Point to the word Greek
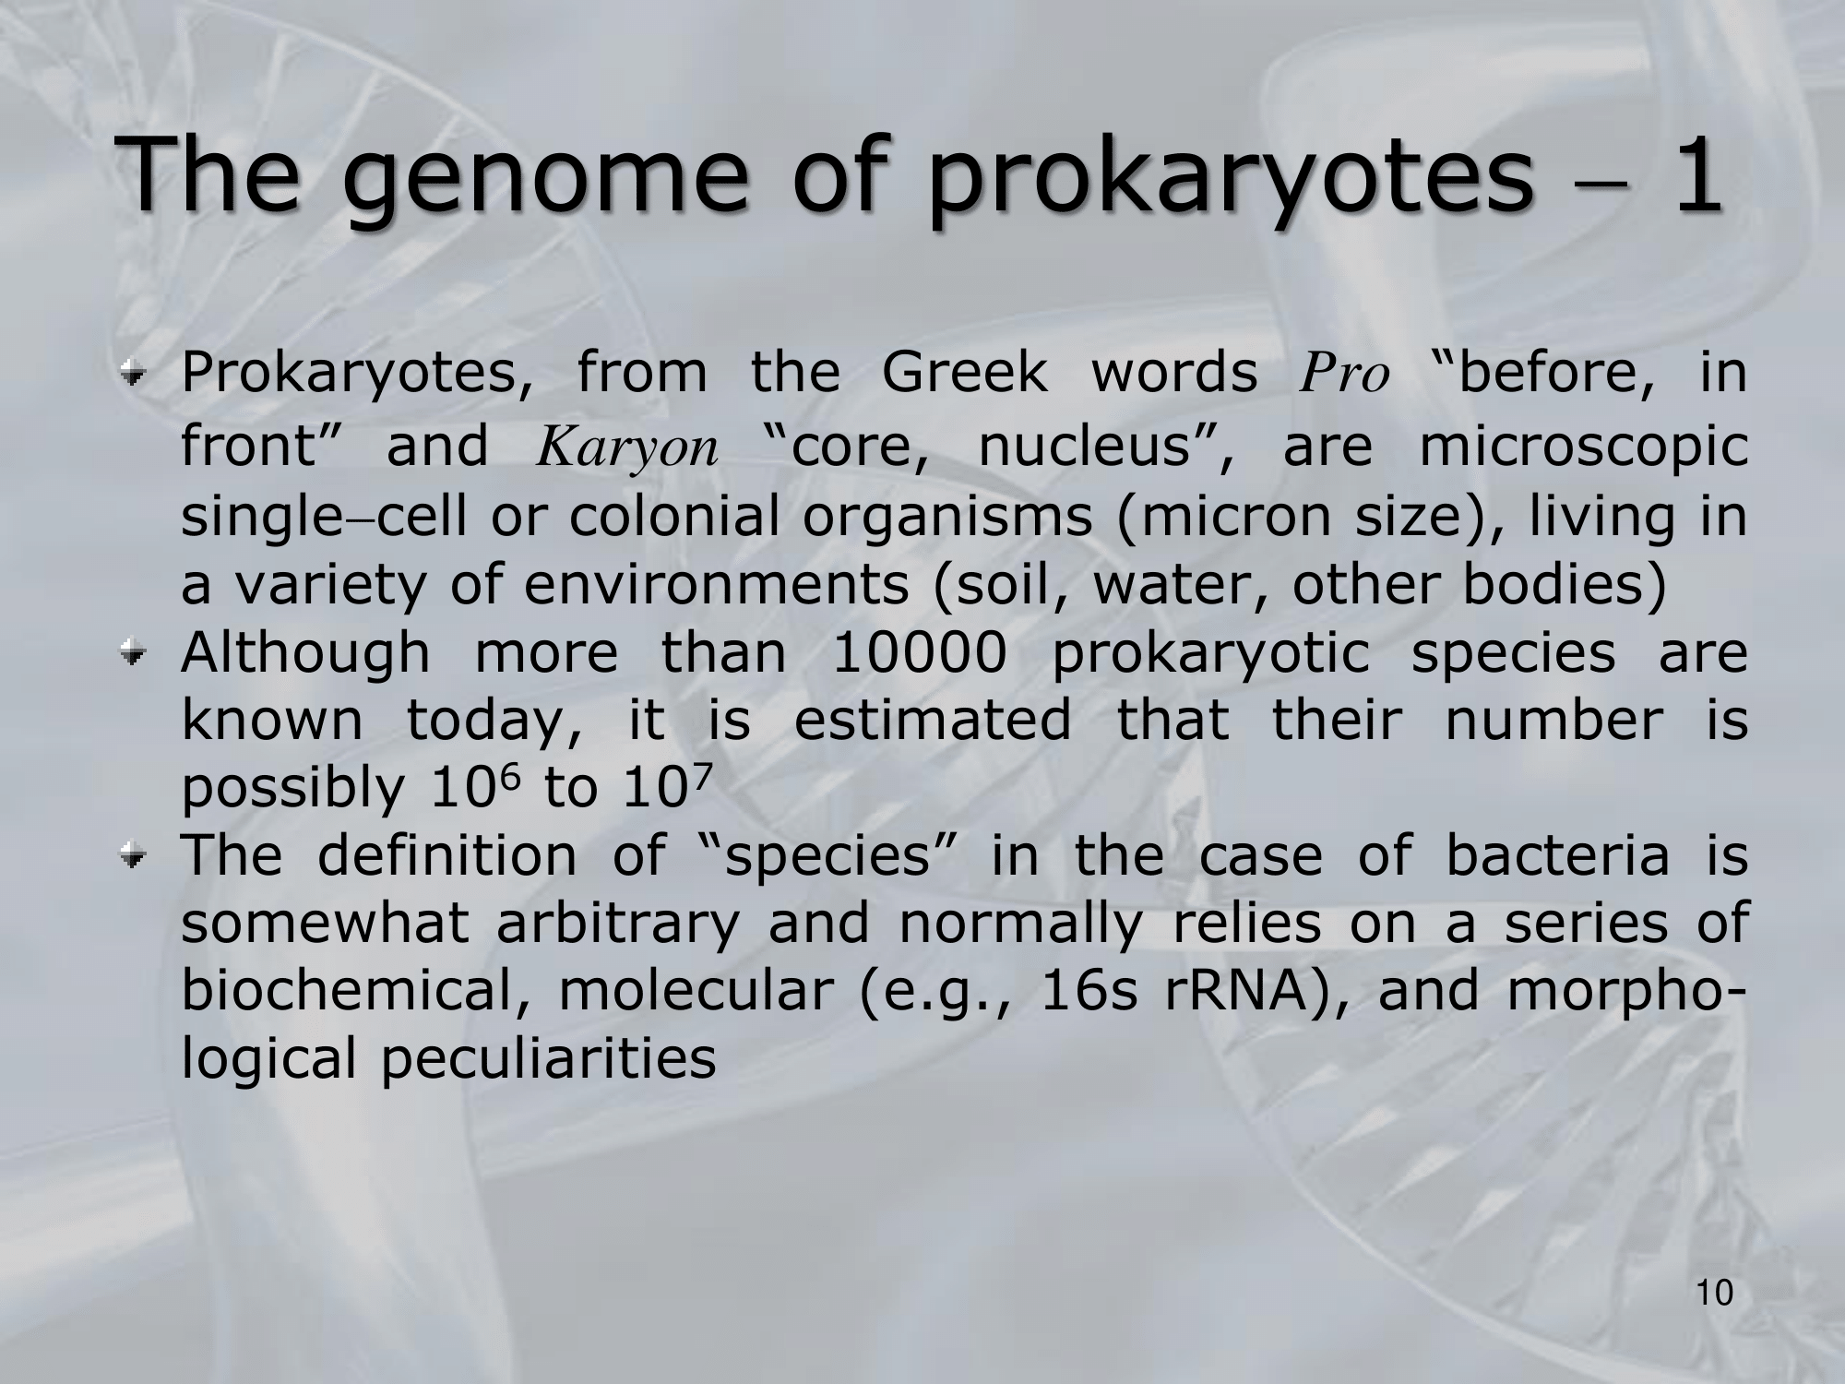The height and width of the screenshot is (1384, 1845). [x=965, y=373]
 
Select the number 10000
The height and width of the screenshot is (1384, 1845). [x=919, y=653]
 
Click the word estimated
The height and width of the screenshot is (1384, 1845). [x=933, y=720]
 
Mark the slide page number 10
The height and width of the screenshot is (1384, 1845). [x=1715, y=1319]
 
